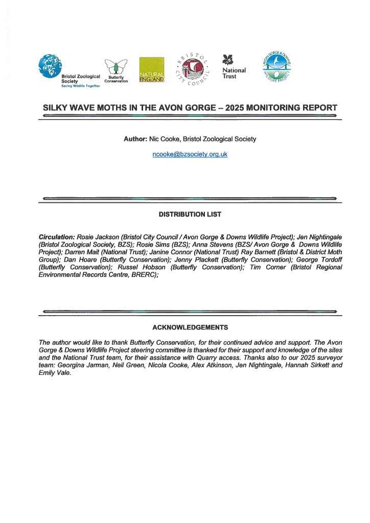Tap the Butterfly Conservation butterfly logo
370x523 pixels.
pos(115,67)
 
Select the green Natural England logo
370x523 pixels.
pos(152,70)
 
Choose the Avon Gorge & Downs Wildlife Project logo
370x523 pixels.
pos(275,67)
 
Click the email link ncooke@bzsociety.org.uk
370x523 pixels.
pos(190,154)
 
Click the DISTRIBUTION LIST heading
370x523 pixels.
pos(190,215)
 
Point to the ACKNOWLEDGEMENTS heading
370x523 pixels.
pos(190,327)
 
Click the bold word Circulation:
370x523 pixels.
pos(57,238)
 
